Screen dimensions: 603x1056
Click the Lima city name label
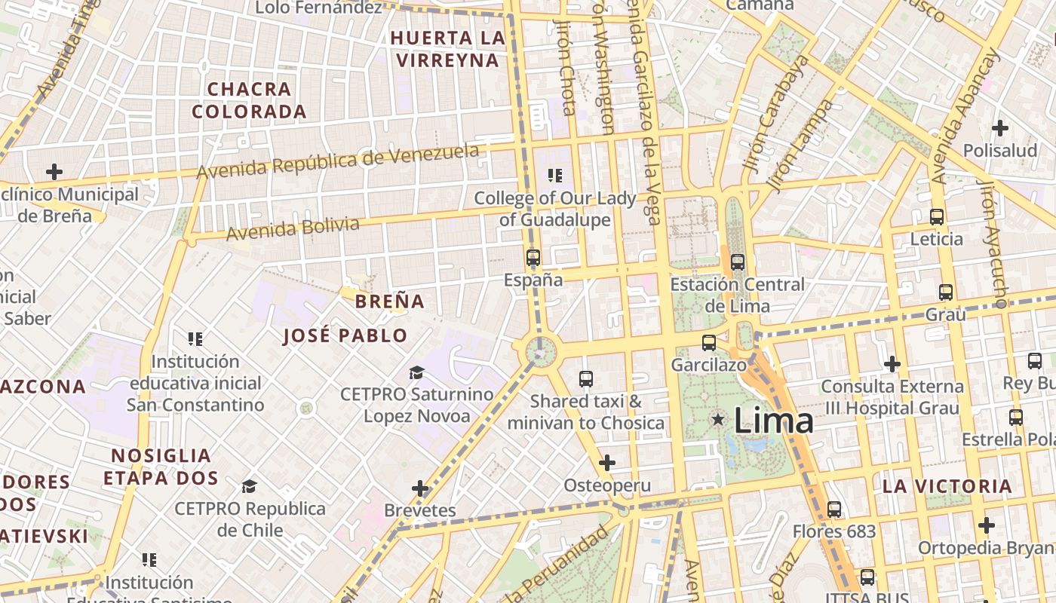coord(773,420)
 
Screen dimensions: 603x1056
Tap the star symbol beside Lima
coord(718,418)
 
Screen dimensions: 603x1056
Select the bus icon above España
coord(533,258)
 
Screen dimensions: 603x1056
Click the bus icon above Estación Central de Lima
coord(738,262)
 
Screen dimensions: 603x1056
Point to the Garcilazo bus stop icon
coord(709,343)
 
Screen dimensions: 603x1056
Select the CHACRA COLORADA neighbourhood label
coord(249,100)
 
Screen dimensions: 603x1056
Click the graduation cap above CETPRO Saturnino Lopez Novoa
coord(416,372)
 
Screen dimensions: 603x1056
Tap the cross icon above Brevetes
coord(420,489)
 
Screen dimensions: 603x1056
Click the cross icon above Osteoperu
coord(607,463)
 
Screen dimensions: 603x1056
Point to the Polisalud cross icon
coord(1000,128)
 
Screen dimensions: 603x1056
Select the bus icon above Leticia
coord(937,217)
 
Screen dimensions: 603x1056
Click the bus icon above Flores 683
coord(834,510)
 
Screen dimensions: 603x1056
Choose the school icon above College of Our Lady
coord(555,176)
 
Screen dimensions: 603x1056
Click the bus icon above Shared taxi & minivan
coord(586,379)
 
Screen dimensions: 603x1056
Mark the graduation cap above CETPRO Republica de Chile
coord(250,486)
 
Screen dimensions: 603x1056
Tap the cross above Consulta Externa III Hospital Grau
coord(892,364)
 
